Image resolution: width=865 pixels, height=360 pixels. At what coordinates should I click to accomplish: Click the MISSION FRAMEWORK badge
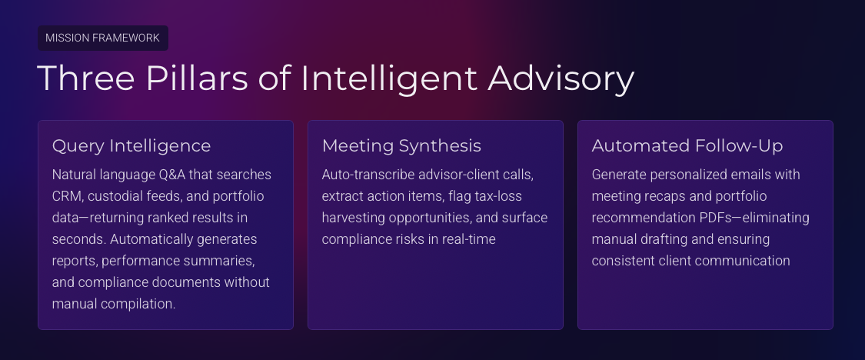(102, 38)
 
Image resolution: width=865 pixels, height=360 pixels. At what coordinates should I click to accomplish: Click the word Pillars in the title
(197, 78)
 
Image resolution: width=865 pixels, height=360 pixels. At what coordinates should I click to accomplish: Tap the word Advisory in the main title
(561, 78)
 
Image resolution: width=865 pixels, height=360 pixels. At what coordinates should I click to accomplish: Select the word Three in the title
(86, 78)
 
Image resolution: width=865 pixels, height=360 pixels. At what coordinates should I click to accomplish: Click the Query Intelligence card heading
(131, 145)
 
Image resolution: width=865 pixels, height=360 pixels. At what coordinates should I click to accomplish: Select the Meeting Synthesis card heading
(401, 145)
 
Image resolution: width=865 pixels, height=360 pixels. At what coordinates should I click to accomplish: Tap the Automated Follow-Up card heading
(687, 145)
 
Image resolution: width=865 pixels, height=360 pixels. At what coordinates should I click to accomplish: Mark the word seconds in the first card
(79, 239)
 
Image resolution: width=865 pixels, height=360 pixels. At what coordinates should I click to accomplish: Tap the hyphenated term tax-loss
(498, 196)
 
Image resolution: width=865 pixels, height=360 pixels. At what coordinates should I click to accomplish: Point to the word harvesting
(354, 218)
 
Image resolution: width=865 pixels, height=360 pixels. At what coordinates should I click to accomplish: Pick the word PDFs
(715, 218)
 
